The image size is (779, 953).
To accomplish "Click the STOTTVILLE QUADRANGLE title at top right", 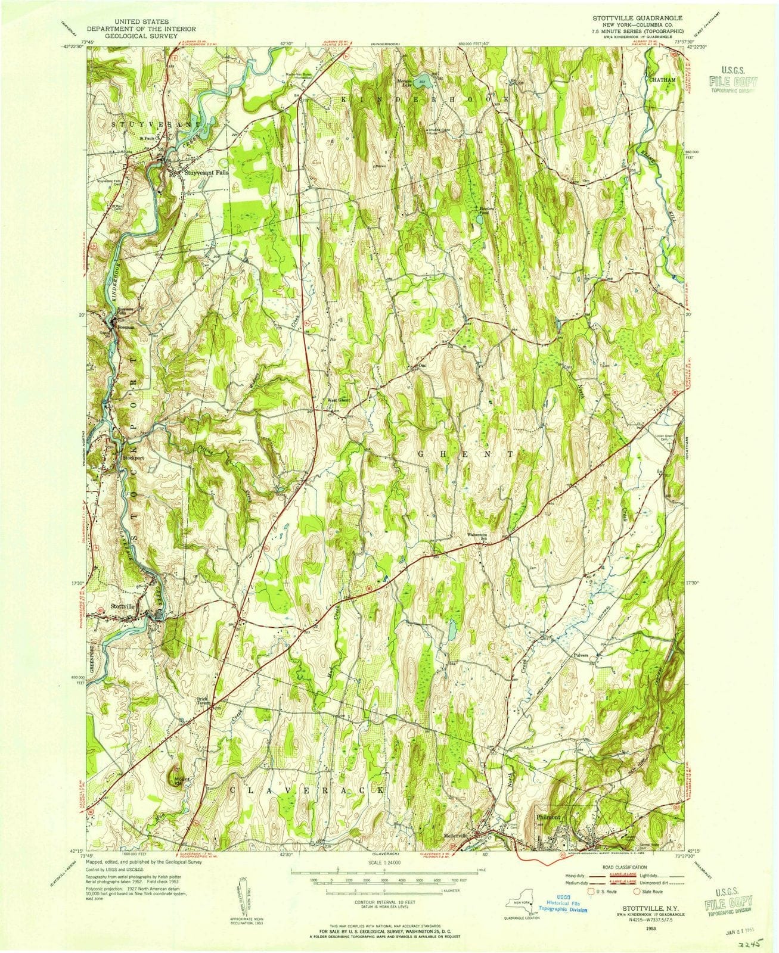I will [x=634, y=19].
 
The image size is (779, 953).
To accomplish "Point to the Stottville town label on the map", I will [x=124, y=606].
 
